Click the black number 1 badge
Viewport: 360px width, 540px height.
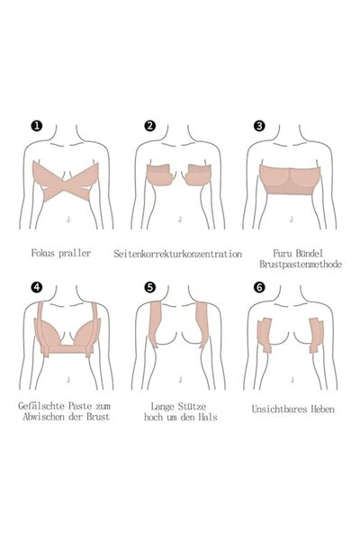[x=37, y=126]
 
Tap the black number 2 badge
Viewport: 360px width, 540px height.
[x=149, y=126]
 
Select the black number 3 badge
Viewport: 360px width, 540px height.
[x=259, y=126]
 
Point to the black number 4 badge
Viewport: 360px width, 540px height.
[x=37, y=287]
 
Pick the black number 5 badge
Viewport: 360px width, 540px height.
[x=149, y=287]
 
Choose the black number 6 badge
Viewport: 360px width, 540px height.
[x=259, y=287]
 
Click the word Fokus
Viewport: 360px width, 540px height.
[x=43, y=253]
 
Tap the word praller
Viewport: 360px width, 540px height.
[x=75, y=254]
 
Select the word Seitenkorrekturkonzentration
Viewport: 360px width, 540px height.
[x=178, y=254]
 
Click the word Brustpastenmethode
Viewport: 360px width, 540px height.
[x=301, y=265]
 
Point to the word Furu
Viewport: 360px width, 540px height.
[x=282, y=254]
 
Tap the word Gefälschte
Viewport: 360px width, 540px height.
[x=41, y=406]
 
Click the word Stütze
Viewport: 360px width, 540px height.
[x=193, y=407]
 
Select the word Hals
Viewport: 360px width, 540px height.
[x=208, y=417]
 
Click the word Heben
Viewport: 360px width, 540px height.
[x=322, y=409]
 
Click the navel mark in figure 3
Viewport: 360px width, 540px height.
[x=292, y=219]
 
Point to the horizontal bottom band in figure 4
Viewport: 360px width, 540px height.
[x=68, y=349]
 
